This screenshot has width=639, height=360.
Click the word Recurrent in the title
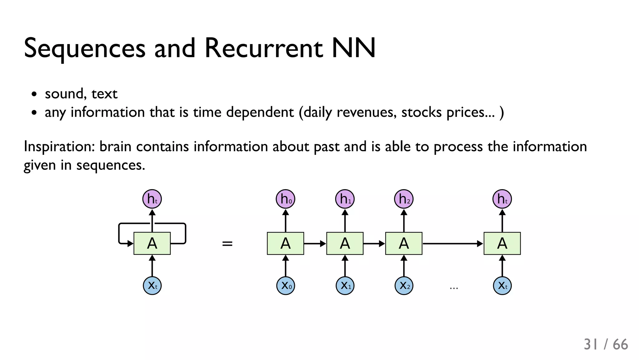pos(264,48)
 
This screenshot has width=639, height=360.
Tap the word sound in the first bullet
pos(64,94)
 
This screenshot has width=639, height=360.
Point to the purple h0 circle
pos(285,199)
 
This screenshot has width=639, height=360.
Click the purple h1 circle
pos(345,199)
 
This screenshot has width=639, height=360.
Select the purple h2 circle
pos(404,199)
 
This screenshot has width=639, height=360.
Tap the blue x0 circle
pos(285,285)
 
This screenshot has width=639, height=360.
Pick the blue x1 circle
pos(345,285)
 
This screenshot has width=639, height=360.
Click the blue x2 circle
pos(404,285)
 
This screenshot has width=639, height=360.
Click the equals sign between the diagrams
pos(227,244)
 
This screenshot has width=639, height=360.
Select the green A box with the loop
pos(152,243)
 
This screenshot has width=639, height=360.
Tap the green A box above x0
pos(285,243)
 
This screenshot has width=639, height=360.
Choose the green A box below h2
pos(404,243)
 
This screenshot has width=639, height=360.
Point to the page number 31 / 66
pos(606,344)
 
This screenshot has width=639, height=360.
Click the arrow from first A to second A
pos(315,244)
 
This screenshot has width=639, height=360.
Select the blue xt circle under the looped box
pos(152,285)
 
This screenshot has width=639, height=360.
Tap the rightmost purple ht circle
pos(502,199)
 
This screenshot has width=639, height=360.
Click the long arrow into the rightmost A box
pos(452,244)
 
